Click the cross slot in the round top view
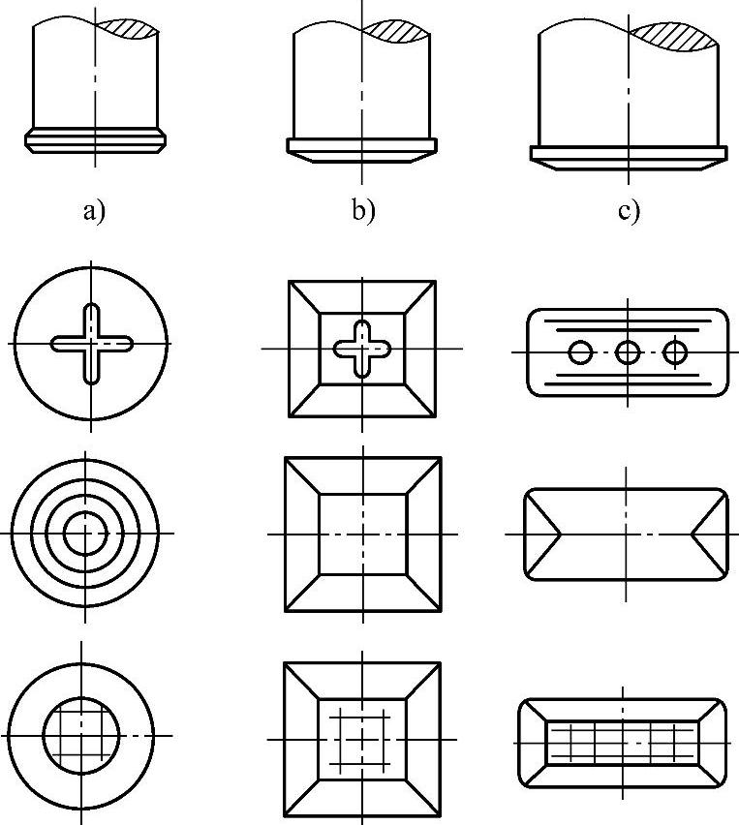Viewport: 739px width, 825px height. [91, 344]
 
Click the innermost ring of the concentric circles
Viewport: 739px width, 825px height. [87, 533]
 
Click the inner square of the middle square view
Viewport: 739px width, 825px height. [362, 535]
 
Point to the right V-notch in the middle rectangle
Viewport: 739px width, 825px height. [710, 534]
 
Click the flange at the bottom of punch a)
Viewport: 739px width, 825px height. [95, 140]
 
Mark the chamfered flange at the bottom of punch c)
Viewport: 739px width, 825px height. [628, 157]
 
